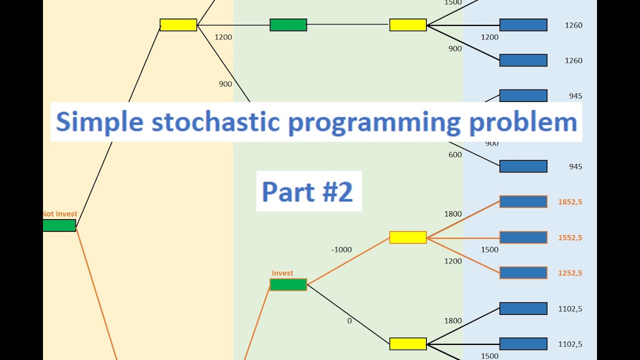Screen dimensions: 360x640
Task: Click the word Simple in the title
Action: click(100, 122)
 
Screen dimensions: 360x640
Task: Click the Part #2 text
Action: click(308, 191)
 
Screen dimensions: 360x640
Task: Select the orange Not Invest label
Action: click(59, 214)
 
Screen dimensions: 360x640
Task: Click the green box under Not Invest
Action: click(59, 225)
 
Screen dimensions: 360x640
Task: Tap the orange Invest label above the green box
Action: click(282, 273)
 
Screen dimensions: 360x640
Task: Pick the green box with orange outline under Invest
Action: click(288, 284)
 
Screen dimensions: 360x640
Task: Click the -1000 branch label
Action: click(341, 249)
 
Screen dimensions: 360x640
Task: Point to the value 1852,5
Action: click(570, 202)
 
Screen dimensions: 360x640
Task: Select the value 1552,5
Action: click(570, 237)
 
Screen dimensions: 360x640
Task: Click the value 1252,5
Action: click(570, 273)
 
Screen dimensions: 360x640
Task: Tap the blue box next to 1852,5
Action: click(523, 201)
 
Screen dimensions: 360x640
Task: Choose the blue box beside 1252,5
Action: click(523, 272)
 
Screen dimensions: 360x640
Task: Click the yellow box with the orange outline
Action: click(408, 237)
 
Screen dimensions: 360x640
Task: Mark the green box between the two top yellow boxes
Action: click(288, 25)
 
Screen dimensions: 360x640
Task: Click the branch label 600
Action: click(455, 155)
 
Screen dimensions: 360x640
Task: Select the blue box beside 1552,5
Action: click(523, 237)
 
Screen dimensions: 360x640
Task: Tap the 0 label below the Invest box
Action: click(349, 320)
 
